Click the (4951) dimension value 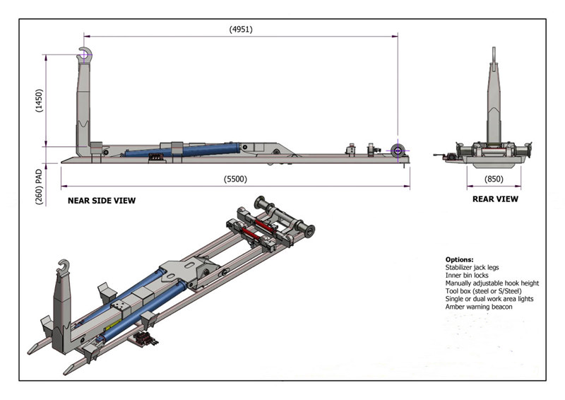(240, 29)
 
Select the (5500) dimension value (236, 180)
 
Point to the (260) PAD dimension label (40, 186)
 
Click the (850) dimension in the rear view (494, 180)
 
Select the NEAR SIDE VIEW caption (101, 201)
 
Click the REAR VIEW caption (495, 199)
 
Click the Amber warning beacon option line (479, 307)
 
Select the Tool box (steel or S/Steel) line (484, 291)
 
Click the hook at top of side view (85, 54)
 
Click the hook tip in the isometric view (61, 267)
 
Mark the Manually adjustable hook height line (492, 283)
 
